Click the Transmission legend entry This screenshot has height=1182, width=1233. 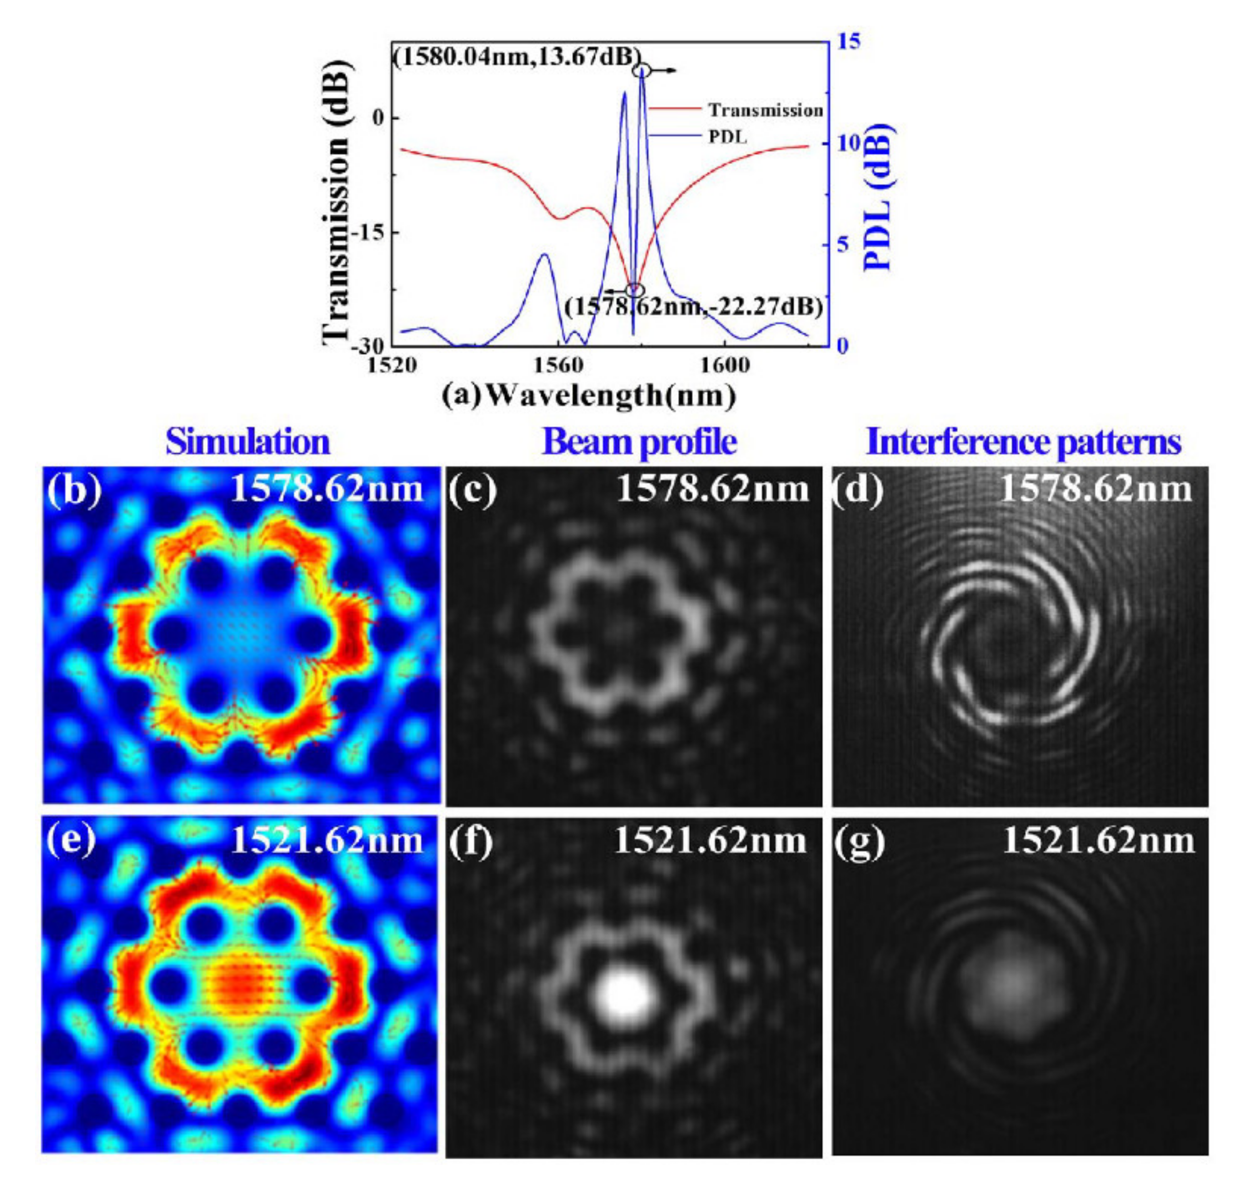[x=765, y=111]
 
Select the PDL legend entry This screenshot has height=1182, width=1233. [x=728, y=137]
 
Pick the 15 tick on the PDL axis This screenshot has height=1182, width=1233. [x=849, y=42]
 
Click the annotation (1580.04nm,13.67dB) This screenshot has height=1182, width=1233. [x=517, y=57]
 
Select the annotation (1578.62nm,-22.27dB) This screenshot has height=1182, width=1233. [x=694, y=308]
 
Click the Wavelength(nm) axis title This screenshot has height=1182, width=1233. [x=588, y=396]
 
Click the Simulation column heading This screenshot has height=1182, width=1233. [x=247, y=442]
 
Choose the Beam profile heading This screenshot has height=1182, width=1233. [x=639, y=442]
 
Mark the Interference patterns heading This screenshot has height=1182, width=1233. [x=1024, y=442]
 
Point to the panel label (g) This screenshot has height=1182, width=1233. [x=859, y=842]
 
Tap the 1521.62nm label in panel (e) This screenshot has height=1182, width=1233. [x=327, y=840]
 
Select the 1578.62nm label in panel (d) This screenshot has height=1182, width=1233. [x=1096, y=489]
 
